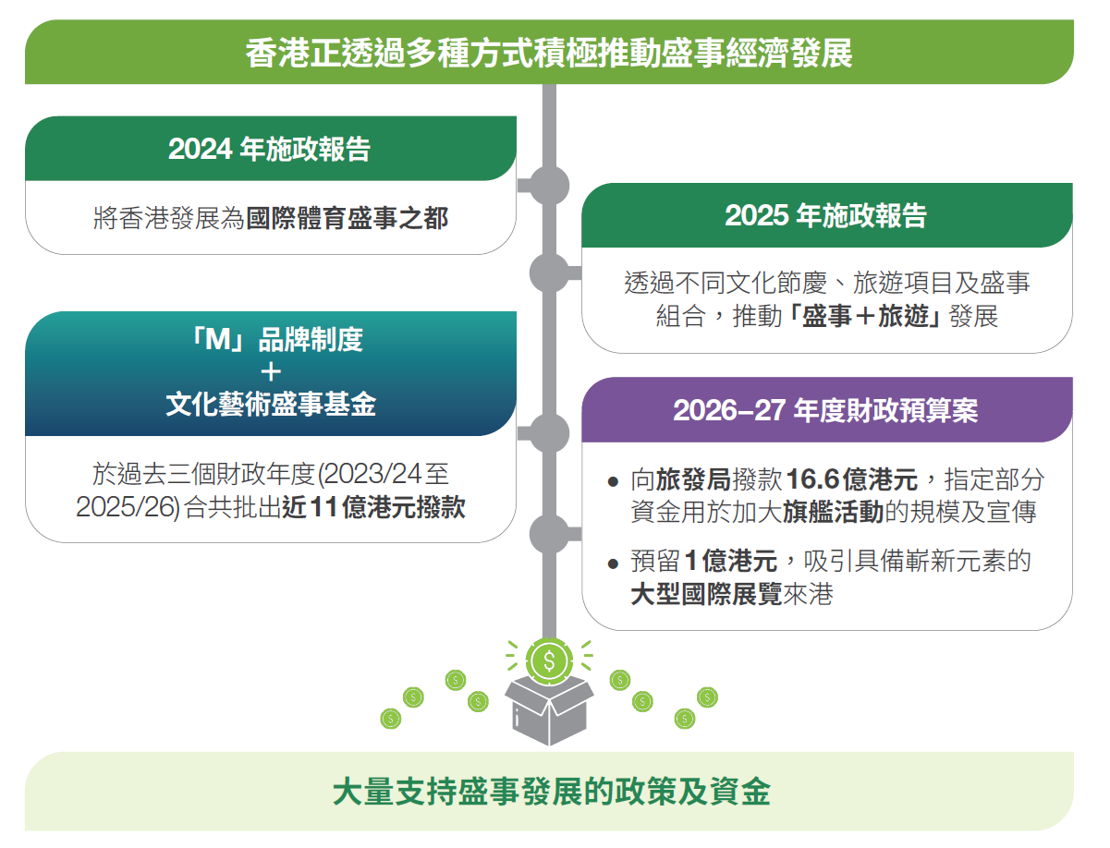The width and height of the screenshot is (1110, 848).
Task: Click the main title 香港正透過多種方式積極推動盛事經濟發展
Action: (x=549, y=53)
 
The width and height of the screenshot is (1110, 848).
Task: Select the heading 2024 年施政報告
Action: (x=270, y=149)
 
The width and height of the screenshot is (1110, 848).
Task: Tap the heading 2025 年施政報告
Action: (x=826, y=216)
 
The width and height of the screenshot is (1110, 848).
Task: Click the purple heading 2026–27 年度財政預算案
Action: (x=825, y=410)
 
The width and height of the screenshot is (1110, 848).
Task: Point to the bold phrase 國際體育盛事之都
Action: (x=347, y=218)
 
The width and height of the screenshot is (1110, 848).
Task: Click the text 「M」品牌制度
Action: (x=276, y=339)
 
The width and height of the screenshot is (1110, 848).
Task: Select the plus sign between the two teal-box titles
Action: (x=271, y=372)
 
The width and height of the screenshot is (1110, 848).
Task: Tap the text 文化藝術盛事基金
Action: (x=271, y=405)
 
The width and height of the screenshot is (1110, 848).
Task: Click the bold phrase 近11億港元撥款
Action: (x=373, y=507)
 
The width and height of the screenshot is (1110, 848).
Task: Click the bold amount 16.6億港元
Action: (x=852, y=479)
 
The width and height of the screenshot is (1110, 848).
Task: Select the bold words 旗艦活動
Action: (x=833, y=512)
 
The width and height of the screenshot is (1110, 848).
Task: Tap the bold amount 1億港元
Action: (x=731, y=561)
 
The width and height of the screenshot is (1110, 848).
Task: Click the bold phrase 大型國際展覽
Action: (x=706, y=594)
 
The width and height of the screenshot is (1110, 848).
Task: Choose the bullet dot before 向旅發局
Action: (x=613, y=481)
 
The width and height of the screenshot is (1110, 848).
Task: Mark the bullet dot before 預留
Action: (x=613, y=563)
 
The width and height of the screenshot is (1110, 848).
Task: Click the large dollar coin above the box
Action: (x=549, y=661)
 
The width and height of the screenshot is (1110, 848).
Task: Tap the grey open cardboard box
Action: (x=549, y=711)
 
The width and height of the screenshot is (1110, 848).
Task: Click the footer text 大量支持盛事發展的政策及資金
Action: (x=551, y=792)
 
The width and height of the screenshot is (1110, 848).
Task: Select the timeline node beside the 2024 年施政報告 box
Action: (x=549, y=186)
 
